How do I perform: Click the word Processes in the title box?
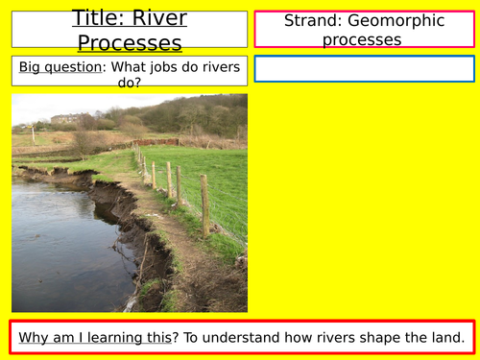pyautogui.click(x=130, y=42)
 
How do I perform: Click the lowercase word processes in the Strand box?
pyautogui.click(x=364, y=39)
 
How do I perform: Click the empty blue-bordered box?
pyautogui.click(x=364, y=69)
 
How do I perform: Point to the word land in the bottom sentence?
pyautogui.click(x=448, y=337)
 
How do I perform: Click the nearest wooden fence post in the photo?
pyautogui.click(x=204, y=204)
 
